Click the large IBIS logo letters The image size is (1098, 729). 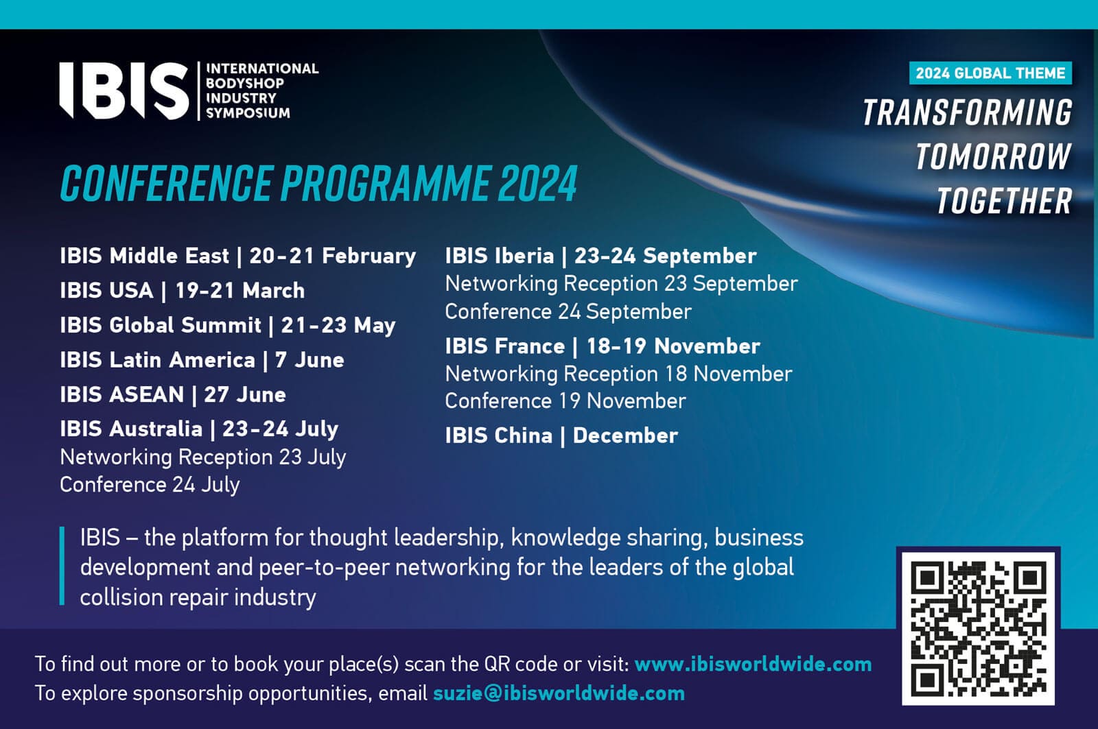tap(124, 91)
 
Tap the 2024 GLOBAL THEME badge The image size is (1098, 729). tap(990, 73)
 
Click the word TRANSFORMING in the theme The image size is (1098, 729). tap(968, 112)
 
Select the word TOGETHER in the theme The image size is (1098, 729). tap(1005, 201)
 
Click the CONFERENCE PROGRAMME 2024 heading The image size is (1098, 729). tap(318, 183)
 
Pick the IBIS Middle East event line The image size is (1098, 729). tap(237, 256)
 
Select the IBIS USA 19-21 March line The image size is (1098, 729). tap(183, 291)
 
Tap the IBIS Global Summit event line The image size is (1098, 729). tap(227, 326)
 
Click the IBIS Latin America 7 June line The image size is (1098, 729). tap(202, 360)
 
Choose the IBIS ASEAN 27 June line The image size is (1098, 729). tap(172, 395)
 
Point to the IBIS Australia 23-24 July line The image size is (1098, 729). tap(199, 429)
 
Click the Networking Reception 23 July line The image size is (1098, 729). tap(203, 457)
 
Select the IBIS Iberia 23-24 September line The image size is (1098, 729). tap(601, 256)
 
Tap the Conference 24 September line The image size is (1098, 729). tap(568, 311)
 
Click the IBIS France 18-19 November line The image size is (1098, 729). tap(603, 346)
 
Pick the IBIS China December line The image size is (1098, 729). tap(561, 435)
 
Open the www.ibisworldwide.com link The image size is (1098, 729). tap(753, 665)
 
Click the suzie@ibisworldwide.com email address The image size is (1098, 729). tap(559, 694)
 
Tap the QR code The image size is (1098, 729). tap(979, 629)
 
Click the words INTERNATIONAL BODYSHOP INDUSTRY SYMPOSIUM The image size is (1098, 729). tap(261, 91)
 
